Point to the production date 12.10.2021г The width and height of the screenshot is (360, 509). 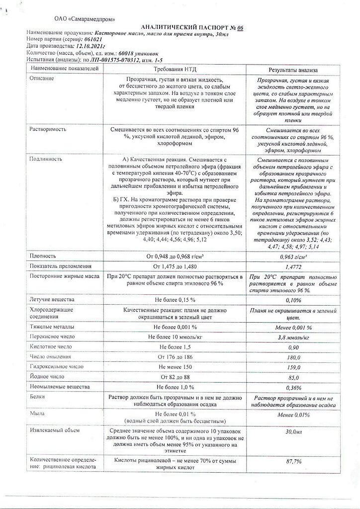coord(92,46)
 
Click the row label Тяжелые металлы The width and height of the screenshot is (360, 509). coord(52,327)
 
